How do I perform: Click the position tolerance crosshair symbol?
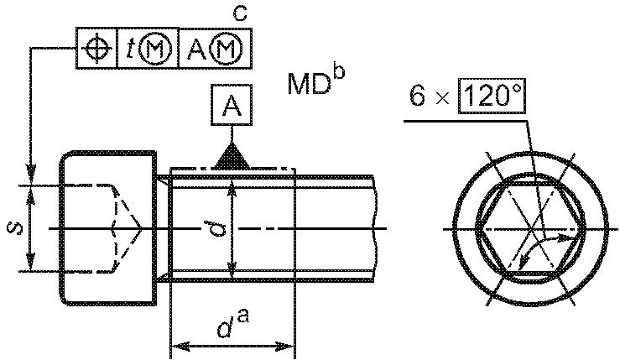pos(96,49)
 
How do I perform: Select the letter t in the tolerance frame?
pos(130,49)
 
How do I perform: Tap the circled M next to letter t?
pos(156,49)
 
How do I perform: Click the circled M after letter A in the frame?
pos(226,49)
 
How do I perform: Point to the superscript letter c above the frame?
pos(239,13)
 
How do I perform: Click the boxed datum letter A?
pos(232,105)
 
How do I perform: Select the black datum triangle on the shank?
pos(232,157)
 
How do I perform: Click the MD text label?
pos(309,84)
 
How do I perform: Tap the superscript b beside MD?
pos(339,73)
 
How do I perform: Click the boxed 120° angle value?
pos(492,96)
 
